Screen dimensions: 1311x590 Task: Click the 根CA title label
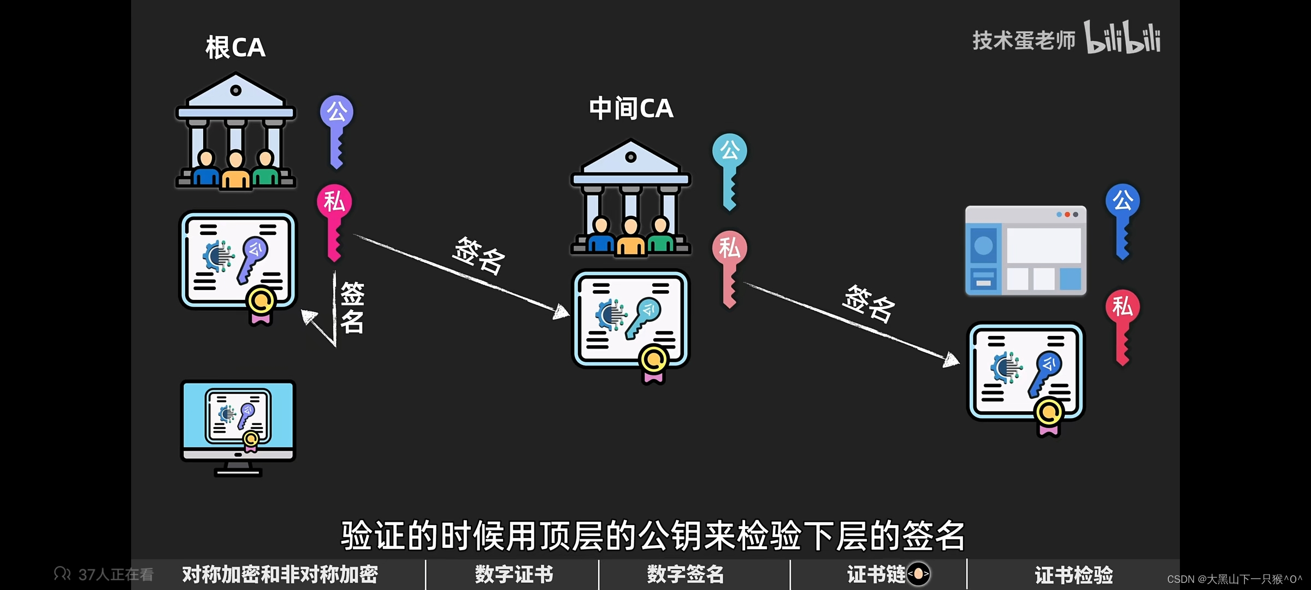pos(235,48)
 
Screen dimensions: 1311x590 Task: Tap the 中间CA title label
pos(631,108)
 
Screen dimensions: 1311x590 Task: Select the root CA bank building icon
pos(235,131)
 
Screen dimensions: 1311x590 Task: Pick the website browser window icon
pos(1025,250)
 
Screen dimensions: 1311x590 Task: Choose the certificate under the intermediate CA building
pos(631,322)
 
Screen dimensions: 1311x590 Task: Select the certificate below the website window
pos(1026,375)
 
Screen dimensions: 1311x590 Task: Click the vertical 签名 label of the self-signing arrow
pos(352,308)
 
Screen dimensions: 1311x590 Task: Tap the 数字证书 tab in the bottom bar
pos(513,574)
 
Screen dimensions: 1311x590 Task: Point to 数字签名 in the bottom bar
pos(686,574)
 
